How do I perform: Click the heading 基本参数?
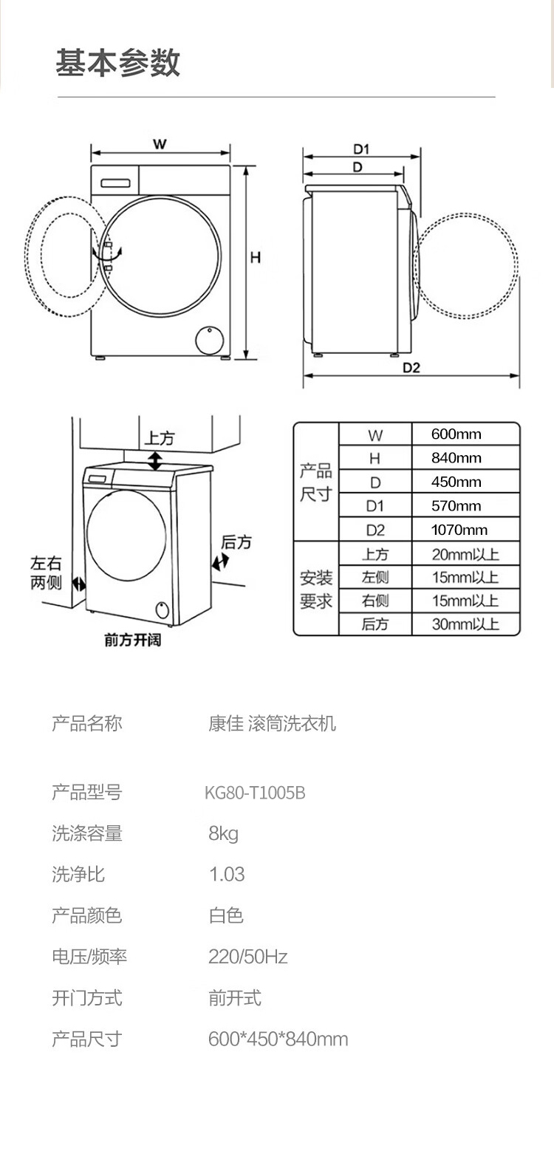coord(118,63)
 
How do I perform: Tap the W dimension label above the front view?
coord(160,144)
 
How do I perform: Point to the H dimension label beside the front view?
coord(255,258)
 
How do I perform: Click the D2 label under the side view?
coord(411,368)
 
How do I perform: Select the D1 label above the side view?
coord(361,149)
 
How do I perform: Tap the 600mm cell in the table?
coord(456,434)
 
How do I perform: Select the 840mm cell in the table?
coord(456,458)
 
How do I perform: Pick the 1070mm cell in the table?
coord(459,530)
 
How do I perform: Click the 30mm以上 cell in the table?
coord(465,624)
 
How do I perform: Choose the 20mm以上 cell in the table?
coord(465,554)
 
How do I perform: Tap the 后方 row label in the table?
coord(375,624)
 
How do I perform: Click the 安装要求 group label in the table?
coord(315,589)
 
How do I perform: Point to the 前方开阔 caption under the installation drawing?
coord(132,640)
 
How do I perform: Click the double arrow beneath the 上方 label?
coord(155,461)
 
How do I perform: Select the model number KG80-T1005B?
coord(255,793)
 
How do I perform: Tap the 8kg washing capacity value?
coord(224,834)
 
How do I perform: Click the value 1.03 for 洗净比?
coord(227,875)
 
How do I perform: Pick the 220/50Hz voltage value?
coord(247,957)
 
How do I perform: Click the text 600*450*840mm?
coord(278,1039)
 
